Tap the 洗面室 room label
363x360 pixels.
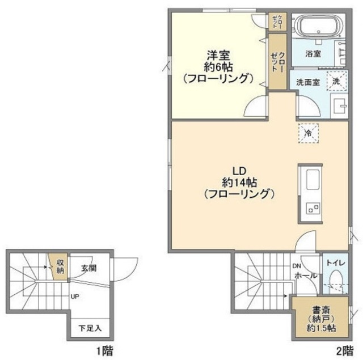308,82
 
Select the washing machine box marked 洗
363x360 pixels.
336,81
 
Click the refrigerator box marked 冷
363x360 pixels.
309,133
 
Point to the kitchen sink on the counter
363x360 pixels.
313,180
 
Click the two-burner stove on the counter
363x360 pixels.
313,208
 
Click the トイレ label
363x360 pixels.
336,263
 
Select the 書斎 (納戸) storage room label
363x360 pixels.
321,319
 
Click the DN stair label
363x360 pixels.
297,266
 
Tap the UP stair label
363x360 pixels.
75,297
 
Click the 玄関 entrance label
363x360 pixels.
88,268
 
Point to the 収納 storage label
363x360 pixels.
60,266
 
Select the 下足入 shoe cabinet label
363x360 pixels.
90,328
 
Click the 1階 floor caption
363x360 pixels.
104,351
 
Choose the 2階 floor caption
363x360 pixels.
345,351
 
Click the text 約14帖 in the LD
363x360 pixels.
239,183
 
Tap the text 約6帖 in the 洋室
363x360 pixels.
218,67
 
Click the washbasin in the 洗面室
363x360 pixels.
339,106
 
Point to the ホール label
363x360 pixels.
306,276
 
